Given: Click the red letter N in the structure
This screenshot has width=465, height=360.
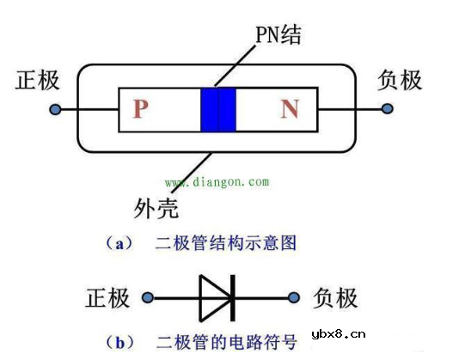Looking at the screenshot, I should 290,109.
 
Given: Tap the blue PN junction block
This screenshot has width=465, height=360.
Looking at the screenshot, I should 217,109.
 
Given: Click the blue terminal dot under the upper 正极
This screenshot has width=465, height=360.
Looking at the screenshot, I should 55,110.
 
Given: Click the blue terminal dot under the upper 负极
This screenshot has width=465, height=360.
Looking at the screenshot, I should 388,109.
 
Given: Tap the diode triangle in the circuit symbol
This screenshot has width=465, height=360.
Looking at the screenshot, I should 215,298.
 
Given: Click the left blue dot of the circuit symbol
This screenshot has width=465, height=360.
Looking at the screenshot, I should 148,298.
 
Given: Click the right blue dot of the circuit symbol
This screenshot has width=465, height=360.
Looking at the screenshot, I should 295,298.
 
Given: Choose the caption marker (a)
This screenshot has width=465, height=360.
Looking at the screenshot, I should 124,243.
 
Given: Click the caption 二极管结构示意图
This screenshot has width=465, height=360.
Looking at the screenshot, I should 226,243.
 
